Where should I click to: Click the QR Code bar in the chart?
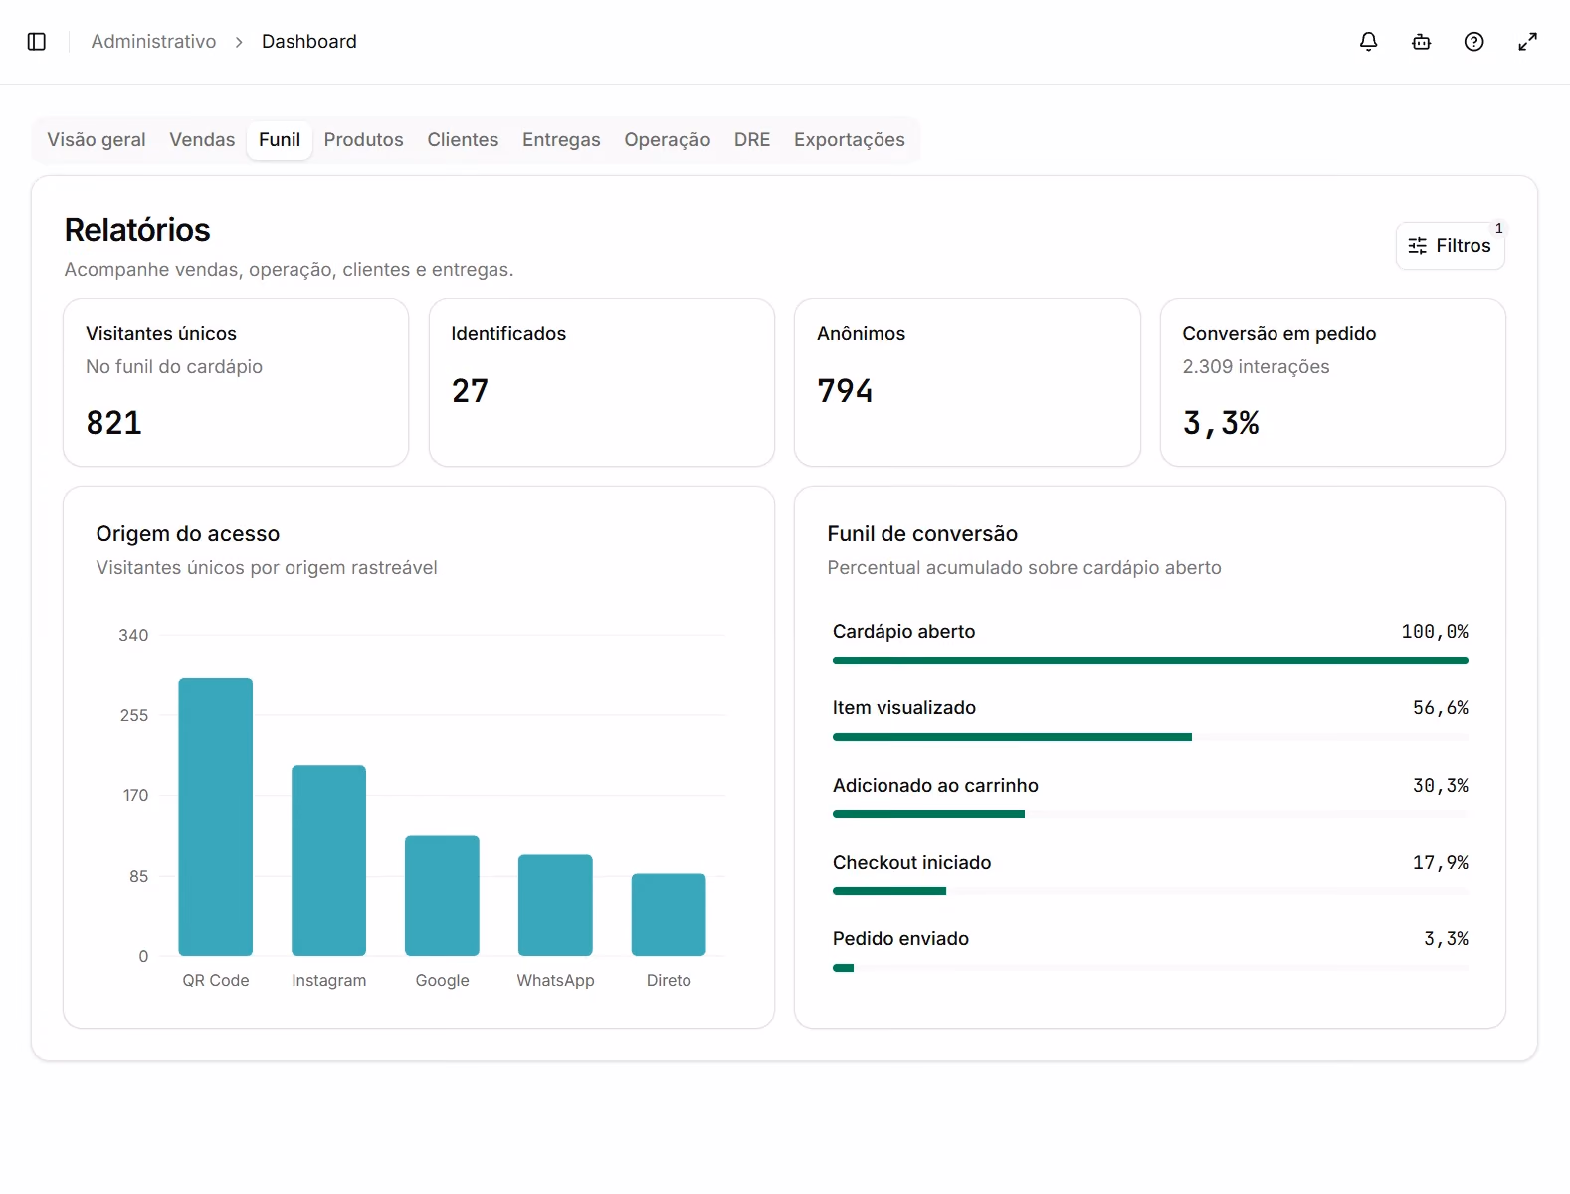click(x=215, y=817)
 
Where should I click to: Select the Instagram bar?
click(x=328, y=860)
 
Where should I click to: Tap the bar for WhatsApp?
click(x=555, y=904)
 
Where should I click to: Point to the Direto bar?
click(x=668, y=913)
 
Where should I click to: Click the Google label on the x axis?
click(x=442, y=980)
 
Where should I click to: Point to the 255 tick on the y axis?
click(x=133, y=715)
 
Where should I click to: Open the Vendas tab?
click(x=202, y=139)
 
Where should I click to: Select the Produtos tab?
click(x=363, y=139)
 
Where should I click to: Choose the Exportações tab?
click(x=849, y=139)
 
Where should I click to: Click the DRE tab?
click(x=752, y=139)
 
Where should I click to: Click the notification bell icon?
click(x=1368, y=42)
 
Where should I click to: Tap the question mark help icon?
click(x=1473, y=42)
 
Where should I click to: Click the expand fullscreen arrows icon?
click(x=1527, y=42)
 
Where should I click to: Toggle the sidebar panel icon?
click(x=37, y=42)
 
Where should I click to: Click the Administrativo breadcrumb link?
click(x=153, y=42)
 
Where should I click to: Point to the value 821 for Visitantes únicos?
click(x=113, y=423)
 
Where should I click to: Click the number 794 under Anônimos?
click(x=845, y=390)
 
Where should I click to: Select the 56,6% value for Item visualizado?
click(x=1440, y=707)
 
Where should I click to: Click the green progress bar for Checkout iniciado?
click(x=889, y=891)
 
